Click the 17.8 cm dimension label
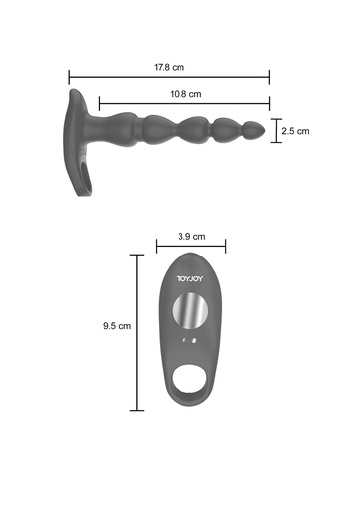169,67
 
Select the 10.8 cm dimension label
185,94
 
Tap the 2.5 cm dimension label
295,131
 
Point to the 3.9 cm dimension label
191,237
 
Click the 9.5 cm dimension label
117,326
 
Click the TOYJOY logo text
189,278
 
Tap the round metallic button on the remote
190,310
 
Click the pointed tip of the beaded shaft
265,130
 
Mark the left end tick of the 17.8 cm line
69,77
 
